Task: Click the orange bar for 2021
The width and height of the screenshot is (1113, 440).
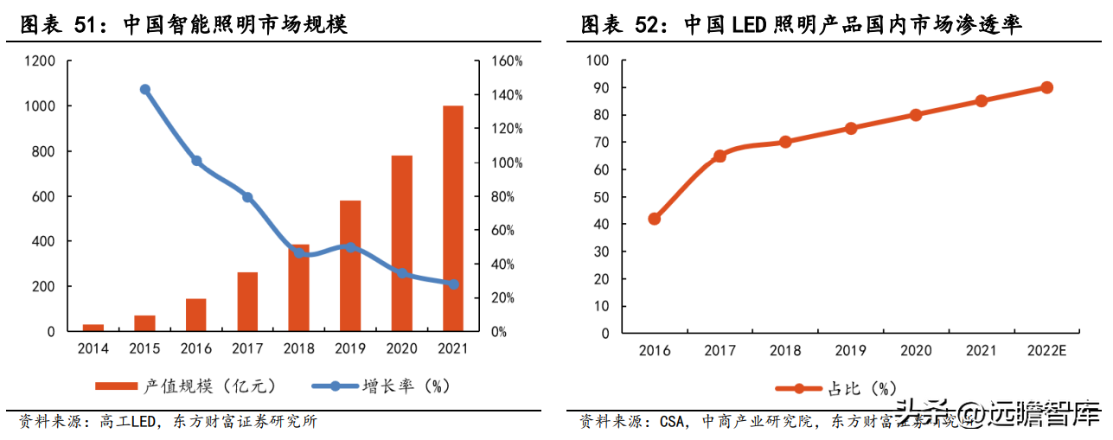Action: coord(452,218)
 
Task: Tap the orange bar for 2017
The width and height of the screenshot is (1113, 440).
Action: coord(247,302)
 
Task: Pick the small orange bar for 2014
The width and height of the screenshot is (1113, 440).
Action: coord(93,328)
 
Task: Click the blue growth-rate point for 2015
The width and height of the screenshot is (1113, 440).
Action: coord(145,89)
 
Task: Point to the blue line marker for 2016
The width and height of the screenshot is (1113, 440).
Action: coord(196,161)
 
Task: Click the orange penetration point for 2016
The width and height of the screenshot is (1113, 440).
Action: coord(654,219)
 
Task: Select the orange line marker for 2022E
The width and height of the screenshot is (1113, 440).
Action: coord(1046,87)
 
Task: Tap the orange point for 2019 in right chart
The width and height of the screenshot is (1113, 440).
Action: coord(850,128)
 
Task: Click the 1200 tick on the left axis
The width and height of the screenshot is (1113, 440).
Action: coord(40,61)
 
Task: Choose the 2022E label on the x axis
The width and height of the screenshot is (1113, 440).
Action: coord(1046,351)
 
